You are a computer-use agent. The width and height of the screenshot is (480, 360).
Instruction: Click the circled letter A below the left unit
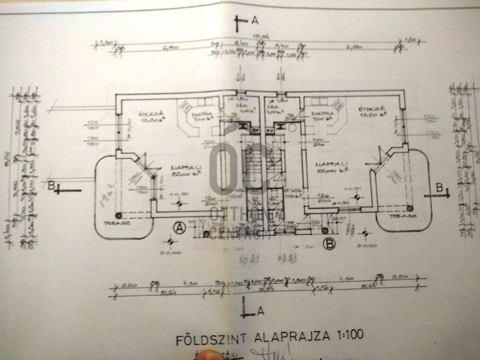178,226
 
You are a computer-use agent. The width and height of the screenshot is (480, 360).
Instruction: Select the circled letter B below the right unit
328,243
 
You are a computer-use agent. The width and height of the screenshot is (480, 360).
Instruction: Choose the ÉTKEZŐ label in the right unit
367,109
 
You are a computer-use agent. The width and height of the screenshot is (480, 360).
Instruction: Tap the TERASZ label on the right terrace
400,221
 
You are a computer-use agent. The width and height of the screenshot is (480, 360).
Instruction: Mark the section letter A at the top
255,21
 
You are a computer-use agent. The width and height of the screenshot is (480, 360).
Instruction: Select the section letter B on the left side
52,187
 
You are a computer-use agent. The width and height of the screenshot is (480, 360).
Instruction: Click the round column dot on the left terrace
118,214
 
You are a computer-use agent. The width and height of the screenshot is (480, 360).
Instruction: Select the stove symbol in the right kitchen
278,127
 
